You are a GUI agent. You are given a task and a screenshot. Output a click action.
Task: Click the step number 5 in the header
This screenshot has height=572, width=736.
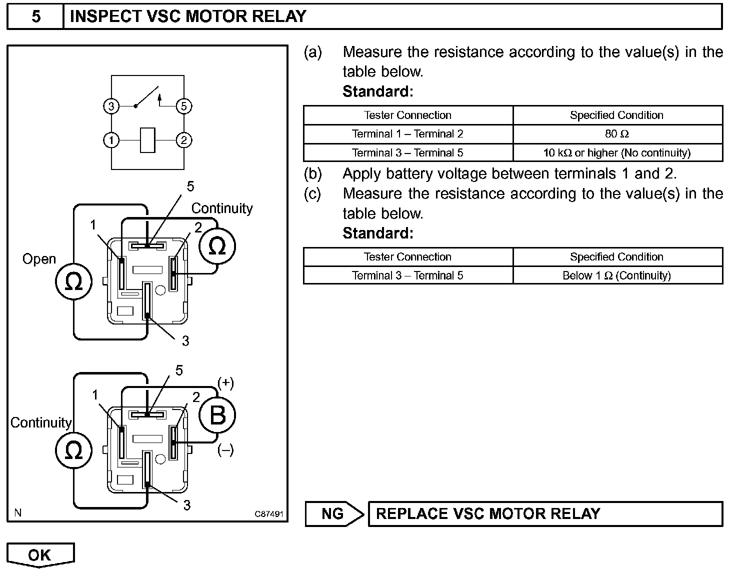(x=36, y=16)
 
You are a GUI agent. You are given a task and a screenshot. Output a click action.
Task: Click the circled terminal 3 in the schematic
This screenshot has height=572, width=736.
(x=111, y=106)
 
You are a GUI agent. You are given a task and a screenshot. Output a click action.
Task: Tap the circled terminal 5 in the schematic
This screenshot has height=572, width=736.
(x=184, y=106)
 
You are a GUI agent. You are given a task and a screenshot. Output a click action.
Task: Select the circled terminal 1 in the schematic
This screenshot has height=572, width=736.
(x=111, y=140)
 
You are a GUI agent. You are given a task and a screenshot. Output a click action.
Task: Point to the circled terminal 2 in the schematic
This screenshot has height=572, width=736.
(x=184, y=140)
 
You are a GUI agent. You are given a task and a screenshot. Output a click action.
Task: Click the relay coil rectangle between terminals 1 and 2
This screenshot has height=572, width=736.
(x=147, y=140)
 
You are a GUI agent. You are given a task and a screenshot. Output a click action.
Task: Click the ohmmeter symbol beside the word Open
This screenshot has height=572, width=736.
(x=73, y=281)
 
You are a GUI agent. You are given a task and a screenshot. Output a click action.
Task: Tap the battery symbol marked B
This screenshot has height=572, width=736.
(x=217, y=415)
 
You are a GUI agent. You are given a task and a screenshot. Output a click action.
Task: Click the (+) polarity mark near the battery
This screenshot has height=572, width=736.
(x=225, y=383)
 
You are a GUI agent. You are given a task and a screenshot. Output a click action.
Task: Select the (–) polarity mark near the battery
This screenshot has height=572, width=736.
(x=225, y=449)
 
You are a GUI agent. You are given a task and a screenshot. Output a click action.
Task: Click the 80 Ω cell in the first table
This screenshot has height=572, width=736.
(x=618, y=134)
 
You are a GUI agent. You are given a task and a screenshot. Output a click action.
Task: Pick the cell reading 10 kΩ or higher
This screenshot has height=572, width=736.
(x=618, y=152)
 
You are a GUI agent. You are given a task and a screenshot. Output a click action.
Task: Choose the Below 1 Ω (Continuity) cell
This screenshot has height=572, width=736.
(x=618, y=275)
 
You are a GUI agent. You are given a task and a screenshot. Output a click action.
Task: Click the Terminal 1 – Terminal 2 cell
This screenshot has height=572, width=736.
(x=408, y=134)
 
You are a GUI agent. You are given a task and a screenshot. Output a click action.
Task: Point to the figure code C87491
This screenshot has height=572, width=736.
(x=269, y=514)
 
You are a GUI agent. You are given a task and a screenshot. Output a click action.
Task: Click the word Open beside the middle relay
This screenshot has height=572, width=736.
(x=39, y=259)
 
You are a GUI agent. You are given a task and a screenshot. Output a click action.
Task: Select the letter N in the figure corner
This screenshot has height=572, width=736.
(x=18, y=512)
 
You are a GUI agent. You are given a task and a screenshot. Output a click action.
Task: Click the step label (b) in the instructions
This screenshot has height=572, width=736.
(x=312, y=173)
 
